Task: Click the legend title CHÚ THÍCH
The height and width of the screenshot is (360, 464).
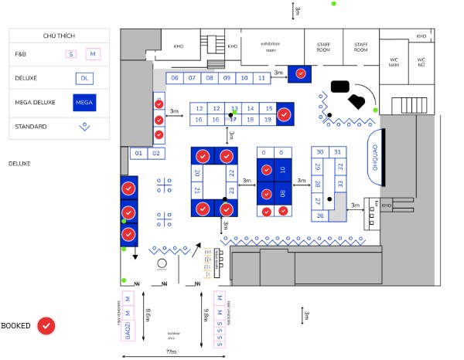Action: click(x=59, y=36)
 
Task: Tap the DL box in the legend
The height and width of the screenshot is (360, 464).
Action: click(x=84, y=78)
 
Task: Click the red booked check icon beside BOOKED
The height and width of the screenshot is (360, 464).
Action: click(x=47, y=326)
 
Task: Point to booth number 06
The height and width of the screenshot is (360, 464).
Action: click(x=174, y=78)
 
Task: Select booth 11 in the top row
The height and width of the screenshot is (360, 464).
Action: click(x=244, y=78)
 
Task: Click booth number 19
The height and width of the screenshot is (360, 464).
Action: click(x=268, y=120)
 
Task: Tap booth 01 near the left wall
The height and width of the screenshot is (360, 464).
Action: click(x=139, y=154)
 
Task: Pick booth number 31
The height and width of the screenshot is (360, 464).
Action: click(x=337, y=152)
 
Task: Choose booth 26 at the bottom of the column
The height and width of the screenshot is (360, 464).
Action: click(x=320, y=216)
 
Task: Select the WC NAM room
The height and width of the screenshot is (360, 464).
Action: click(x=394, y=62)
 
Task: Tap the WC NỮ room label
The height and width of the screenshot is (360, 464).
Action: click(x=421, y=62)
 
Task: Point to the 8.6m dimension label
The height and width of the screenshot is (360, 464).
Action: click(x=148, y=317)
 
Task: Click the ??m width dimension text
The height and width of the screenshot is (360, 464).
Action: click(x=171, y=352)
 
